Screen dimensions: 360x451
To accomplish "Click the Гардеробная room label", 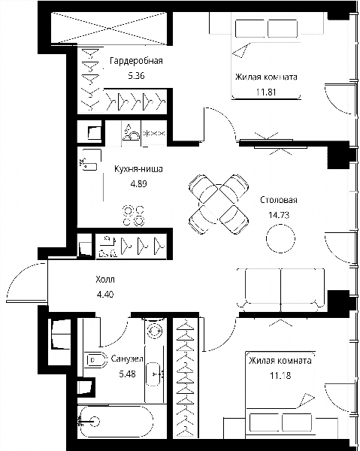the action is (136, 61).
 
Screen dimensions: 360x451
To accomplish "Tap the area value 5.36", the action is (136, 76).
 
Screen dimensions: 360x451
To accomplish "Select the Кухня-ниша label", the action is (138, 169).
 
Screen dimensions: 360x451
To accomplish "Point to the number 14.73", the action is (279, 215).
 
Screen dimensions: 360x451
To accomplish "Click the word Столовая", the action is (279, 200).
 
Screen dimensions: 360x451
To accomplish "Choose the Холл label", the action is (105, 280).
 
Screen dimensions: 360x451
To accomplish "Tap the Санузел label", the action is (127, 359).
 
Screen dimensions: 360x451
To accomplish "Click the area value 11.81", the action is (266, 92).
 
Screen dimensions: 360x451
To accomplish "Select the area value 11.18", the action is (280, 375).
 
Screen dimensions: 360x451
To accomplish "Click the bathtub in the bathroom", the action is (116, 422).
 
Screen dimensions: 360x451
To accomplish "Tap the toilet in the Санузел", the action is (94, 359).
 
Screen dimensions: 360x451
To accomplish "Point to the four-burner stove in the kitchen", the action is (134, 216).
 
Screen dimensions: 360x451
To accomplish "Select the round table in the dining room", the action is (280, 239).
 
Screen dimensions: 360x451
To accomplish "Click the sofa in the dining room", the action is (280, 290).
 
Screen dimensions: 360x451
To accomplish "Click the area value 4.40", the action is (105, 294).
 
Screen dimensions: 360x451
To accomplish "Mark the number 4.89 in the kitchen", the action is (138, 183).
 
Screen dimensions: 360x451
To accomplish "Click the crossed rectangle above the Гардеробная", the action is (109, 29).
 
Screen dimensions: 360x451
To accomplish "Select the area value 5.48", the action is (127, 374).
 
